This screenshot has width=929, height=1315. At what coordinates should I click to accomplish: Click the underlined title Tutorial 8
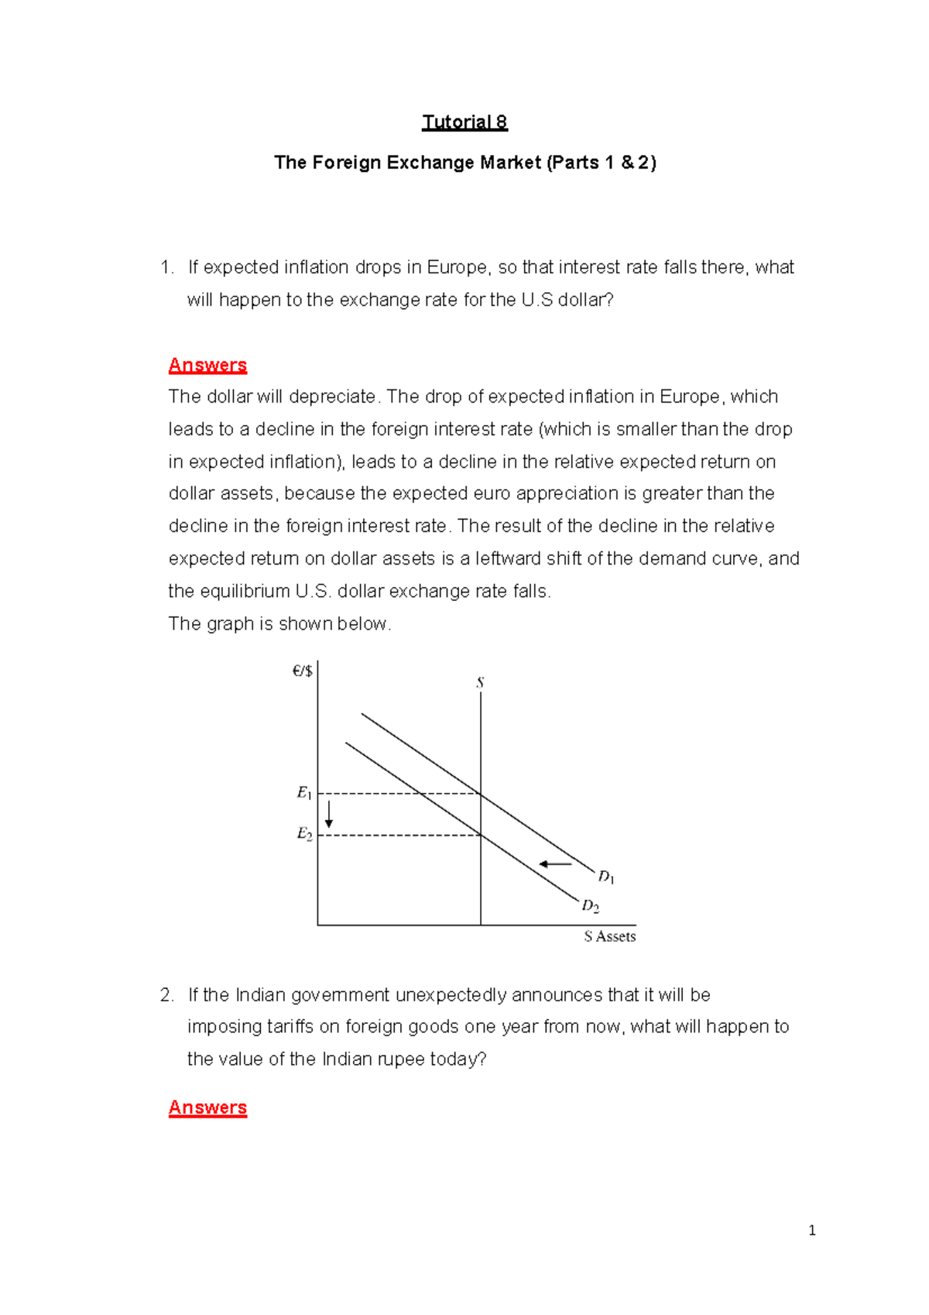(464, 122)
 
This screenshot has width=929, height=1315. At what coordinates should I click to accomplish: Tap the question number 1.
(166, 267)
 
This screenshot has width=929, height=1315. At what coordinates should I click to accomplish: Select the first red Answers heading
(207, 365)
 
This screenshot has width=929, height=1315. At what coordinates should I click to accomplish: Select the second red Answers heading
(207, 1107)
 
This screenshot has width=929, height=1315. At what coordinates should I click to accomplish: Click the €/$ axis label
(302, 671)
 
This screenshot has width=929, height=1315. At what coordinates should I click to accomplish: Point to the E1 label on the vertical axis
(304, 793)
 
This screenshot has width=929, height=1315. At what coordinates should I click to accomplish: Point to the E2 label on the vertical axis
(304, 834)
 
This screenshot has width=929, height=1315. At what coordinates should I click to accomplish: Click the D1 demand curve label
(605, 877)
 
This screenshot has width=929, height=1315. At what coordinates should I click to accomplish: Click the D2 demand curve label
(590, 905)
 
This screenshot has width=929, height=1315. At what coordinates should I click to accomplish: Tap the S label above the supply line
(480, 683)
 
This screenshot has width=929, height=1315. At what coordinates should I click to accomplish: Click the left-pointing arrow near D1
(555, 864)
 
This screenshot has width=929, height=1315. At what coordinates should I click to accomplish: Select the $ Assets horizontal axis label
(609, 936)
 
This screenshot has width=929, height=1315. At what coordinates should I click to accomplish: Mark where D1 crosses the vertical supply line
(481, 794)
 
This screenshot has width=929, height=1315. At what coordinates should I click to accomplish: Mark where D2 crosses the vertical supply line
(481, 835)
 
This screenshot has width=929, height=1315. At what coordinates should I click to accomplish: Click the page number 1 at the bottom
(811, 1231)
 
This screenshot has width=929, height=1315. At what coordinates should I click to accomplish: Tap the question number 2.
(166, 995)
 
